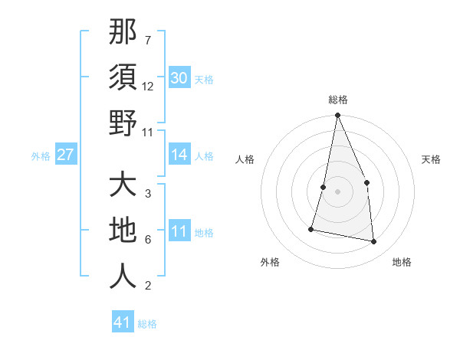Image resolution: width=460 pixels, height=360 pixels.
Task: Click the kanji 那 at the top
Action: [x=123, y=31]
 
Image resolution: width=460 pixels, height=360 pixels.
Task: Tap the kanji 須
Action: [x=123, y=77]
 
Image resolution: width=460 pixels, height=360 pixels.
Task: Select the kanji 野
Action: [x=123, y=123]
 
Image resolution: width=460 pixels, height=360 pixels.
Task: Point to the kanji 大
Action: [x=123, y=185]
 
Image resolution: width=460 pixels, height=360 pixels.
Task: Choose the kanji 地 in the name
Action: [x=123, y=231]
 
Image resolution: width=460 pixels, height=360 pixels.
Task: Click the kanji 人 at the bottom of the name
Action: [x=123, y=277]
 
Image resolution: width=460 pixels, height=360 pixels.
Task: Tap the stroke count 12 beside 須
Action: [x=148, y=87]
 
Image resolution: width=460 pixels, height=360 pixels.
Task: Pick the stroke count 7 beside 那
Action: [x=147, y=40]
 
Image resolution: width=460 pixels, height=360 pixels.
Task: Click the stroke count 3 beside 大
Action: [x=147, y=193]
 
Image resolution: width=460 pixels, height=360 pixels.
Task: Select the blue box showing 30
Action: [x=179, y=78]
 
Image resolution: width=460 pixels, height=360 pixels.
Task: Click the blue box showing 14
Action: [x=179, y=155]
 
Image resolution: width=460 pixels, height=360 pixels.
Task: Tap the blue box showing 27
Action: [x=65, y=155]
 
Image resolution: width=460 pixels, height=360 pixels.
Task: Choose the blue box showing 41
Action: [x=123, y=322]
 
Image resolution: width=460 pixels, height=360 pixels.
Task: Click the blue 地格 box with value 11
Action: [x=179, y=231]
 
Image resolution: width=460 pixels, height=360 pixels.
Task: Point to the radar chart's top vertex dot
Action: [x=337, y=116]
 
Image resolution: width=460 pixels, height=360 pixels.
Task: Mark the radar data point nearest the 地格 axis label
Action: [x=374, y=241]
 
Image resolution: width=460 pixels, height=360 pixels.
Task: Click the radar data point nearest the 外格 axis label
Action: [x=311, y=228]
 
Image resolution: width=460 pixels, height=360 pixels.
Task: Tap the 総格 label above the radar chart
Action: [x=337, y=100]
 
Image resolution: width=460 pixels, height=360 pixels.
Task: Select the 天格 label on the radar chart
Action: [x=432, y=159]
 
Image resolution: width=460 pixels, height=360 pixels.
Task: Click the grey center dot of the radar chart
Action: [x=337, y=191]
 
